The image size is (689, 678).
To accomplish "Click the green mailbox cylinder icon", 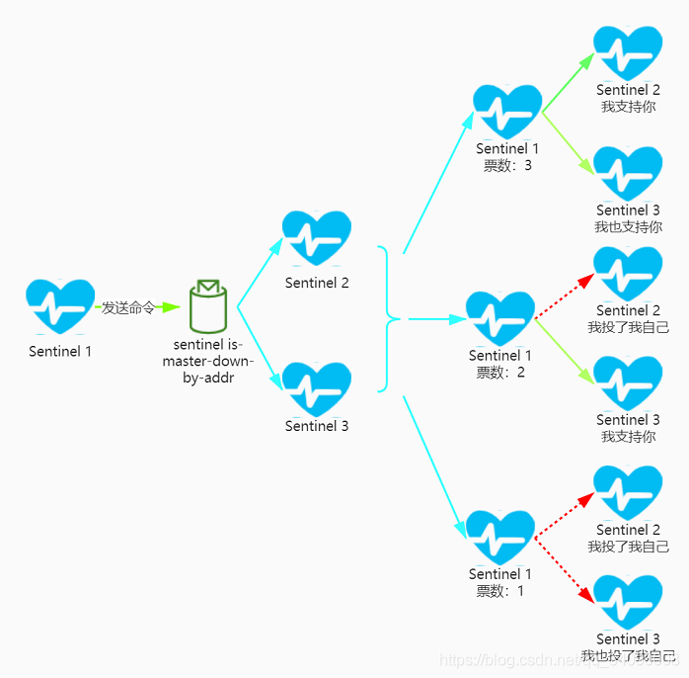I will click(207, 307).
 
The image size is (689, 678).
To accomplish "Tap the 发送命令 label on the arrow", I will click(128, 307).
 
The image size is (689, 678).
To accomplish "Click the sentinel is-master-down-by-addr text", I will click(208, 362).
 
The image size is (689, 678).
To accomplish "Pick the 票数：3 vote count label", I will click(507, 165).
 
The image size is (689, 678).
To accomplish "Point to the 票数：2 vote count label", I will click(500, 373).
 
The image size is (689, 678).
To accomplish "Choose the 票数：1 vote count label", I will click(500, 591).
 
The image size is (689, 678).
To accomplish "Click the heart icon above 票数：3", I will click(507, 112).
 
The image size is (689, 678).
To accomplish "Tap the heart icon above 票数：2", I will click(500, 318).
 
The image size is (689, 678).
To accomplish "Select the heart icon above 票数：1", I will click(500, 538).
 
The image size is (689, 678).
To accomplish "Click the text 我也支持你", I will click(628, 226).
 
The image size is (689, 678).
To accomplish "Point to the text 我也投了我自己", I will click(628, 656).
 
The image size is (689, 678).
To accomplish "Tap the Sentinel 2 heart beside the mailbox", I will click(317, 239).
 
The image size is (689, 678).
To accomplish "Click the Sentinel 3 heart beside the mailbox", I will click(317, 388).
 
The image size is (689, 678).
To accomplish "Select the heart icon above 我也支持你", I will click(628, 173).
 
